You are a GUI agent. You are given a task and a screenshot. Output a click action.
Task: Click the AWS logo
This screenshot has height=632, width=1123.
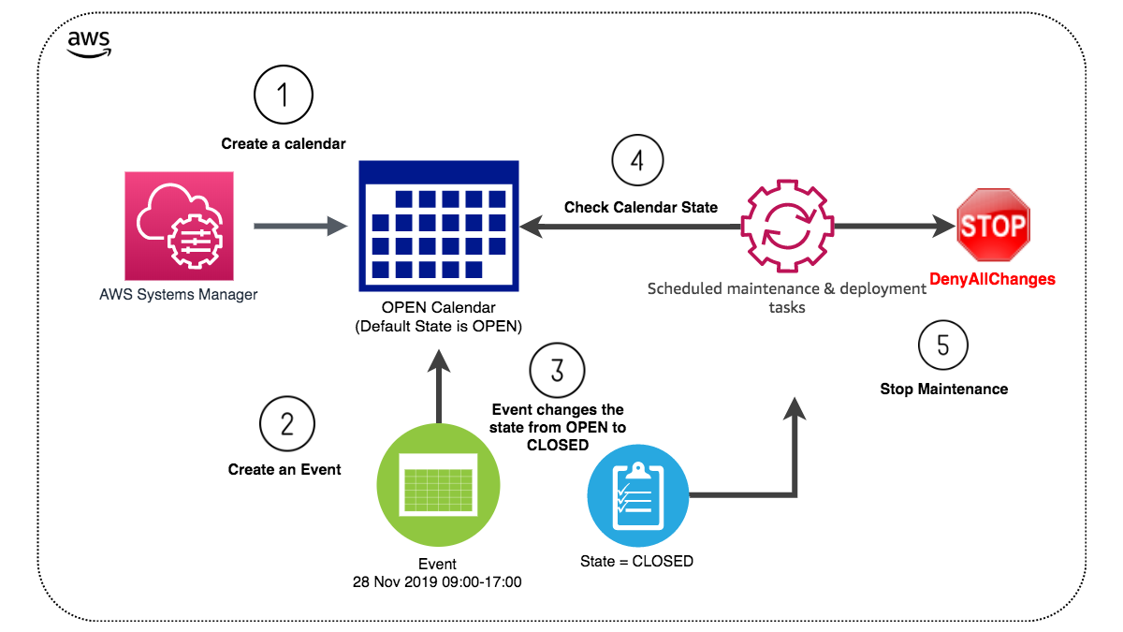[x=89, y=43]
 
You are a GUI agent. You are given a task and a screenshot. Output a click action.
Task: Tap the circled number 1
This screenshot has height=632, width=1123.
[x=284, y=95]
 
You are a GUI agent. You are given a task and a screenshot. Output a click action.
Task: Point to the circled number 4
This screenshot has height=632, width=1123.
[x=638, y=160]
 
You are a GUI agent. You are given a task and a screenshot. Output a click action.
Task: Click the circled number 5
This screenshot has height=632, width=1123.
[x=943, y=345]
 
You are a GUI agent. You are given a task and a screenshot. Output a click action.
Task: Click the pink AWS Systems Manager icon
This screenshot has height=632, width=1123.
[x=179, y=226]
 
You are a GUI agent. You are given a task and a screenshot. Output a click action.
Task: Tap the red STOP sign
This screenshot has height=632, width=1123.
[x=993, y=225]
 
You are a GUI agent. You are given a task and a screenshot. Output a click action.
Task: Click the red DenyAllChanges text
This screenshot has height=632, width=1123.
[x=992, y=279]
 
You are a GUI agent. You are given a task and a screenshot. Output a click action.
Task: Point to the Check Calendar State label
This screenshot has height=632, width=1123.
[x=640, y=207]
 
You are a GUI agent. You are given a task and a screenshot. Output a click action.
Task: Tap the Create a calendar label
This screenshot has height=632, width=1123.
[x=284, y=144]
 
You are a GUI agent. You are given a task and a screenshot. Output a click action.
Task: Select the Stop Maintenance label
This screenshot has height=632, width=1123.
[x=943, y=389]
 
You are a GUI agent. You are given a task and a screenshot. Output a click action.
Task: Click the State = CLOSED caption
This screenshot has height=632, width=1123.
[x=637, y=562]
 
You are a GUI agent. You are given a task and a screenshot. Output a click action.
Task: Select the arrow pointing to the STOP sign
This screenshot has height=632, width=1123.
[x=894, y=226]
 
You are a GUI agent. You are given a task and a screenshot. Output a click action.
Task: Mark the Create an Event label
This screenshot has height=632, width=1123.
[x=284, y=469]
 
